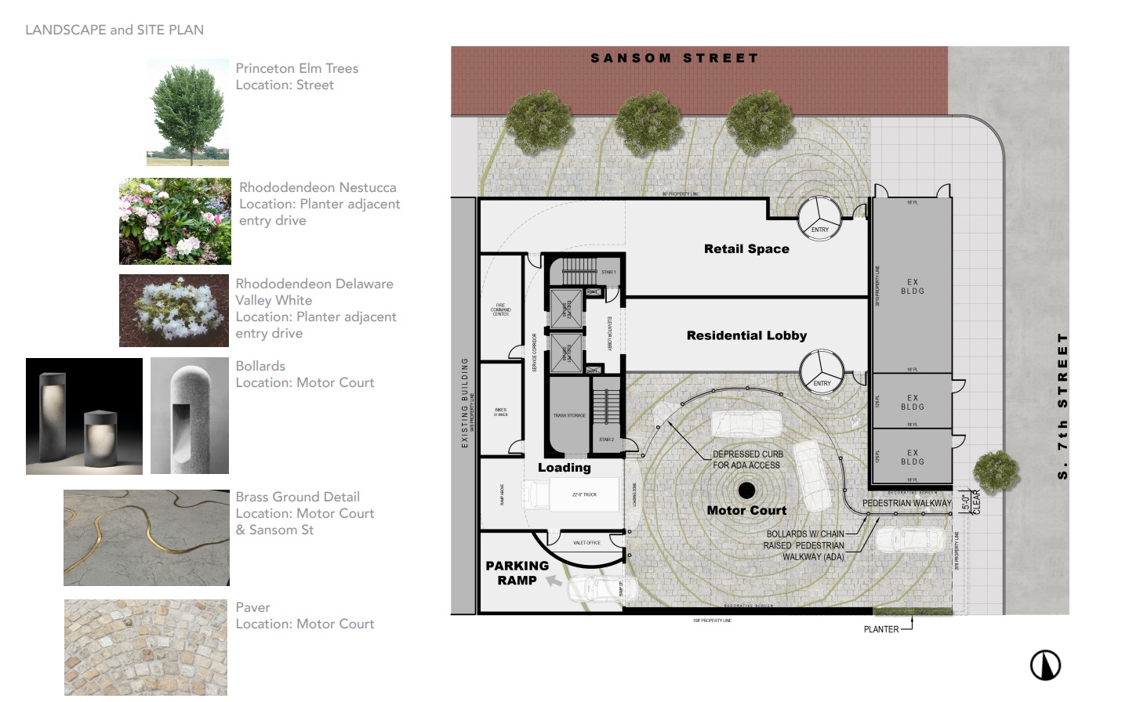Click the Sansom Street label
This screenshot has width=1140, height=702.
[674, 58]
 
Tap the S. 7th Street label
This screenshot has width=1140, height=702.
[1062, 406]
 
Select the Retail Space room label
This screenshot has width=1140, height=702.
[746, 249]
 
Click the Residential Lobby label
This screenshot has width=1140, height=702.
[746, 335]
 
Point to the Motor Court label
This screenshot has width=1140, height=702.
[746, 510]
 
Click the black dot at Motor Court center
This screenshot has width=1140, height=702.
[746, 490]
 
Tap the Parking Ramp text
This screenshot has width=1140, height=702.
[517, 573]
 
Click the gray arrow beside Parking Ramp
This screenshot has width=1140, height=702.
[554, 581]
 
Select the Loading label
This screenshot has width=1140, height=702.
[564, 468]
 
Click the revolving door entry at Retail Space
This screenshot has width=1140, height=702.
[819, 217]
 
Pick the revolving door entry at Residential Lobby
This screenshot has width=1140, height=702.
[822, 371]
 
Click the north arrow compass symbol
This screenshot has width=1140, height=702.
[1044, 665]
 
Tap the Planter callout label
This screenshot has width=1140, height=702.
[880, 629]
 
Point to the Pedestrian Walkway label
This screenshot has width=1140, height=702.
[906, 503]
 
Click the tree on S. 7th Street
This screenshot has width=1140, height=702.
[996, 471]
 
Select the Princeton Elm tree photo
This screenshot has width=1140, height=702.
[187, 112]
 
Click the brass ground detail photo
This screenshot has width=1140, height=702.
[147, 537]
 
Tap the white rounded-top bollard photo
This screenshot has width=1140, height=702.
[189, 416]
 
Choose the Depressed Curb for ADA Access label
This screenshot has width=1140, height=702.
[746, 460]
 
